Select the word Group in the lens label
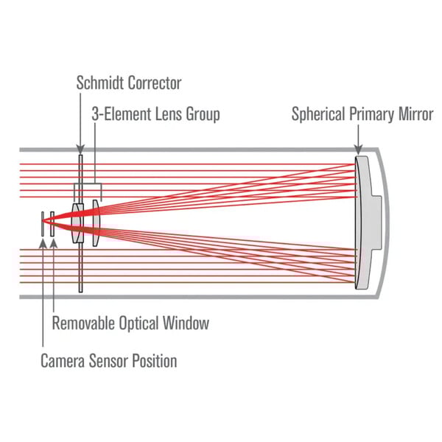pos(202,115)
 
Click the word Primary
pos(373,115)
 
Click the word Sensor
pos(110,361)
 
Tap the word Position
pos(154,361)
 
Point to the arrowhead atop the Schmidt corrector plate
pos(80,148)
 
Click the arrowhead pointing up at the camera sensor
pos(43,242)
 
